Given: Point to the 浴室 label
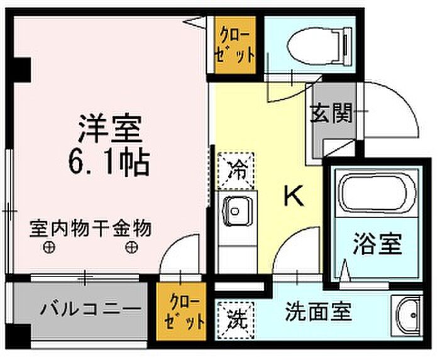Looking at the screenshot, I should tap(377, 244).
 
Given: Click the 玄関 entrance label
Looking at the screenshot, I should tap(331, 114).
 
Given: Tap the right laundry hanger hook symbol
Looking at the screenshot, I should tap(129, 247).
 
